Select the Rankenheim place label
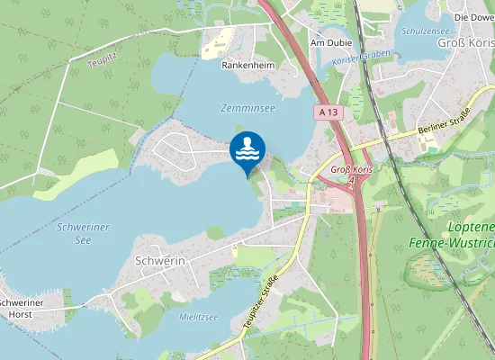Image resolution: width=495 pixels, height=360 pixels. [x=247, y=65]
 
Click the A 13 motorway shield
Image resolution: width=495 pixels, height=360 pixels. [x=328, y=112]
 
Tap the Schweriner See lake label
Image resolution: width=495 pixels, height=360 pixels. [x=82, y=234]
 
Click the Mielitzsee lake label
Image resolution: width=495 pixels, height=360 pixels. [x=199, y=317]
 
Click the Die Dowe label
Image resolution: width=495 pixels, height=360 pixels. [x=474, y=17]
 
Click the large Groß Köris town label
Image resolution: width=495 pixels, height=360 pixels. [x=465, y=44]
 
